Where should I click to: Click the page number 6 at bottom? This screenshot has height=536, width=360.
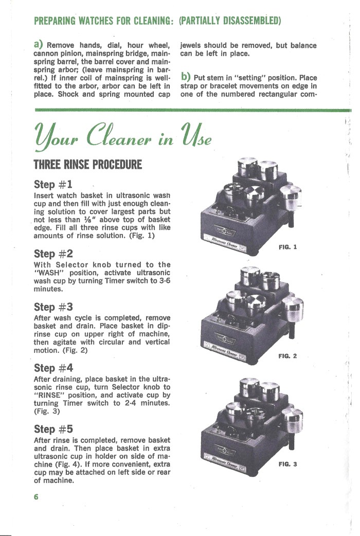[37, 497]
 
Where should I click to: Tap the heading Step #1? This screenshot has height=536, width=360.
[53, 184]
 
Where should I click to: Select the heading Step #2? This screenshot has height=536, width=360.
[53, 254]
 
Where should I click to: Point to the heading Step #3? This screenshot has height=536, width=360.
[53, 307]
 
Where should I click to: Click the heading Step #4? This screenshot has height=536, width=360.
[53, 368]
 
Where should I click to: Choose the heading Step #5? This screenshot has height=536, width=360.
[53, 429]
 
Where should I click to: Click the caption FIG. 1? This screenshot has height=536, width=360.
[287, 247]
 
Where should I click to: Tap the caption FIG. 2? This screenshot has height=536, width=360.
[287, 356]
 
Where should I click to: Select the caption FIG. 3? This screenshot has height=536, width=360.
[287, 464]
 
